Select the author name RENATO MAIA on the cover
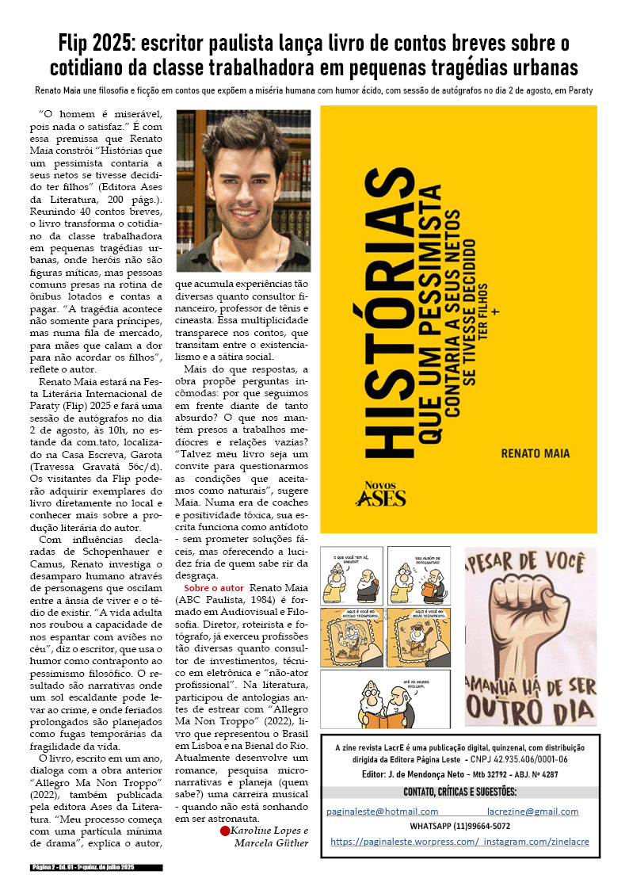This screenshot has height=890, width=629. [x=535, y=453]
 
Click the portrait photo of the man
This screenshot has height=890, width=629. [x=242, y=180]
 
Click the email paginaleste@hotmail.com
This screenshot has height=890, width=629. [x=383, y=812]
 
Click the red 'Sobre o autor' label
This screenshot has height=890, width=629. [x=214, y=588]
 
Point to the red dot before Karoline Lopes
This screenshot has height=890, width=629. [x=224, y=831]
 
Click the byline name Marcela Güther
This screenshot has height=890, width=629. [x=271, y=842]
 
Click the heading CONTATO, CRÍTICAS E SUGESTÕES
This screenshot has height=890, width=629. [x=460, y=793]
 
